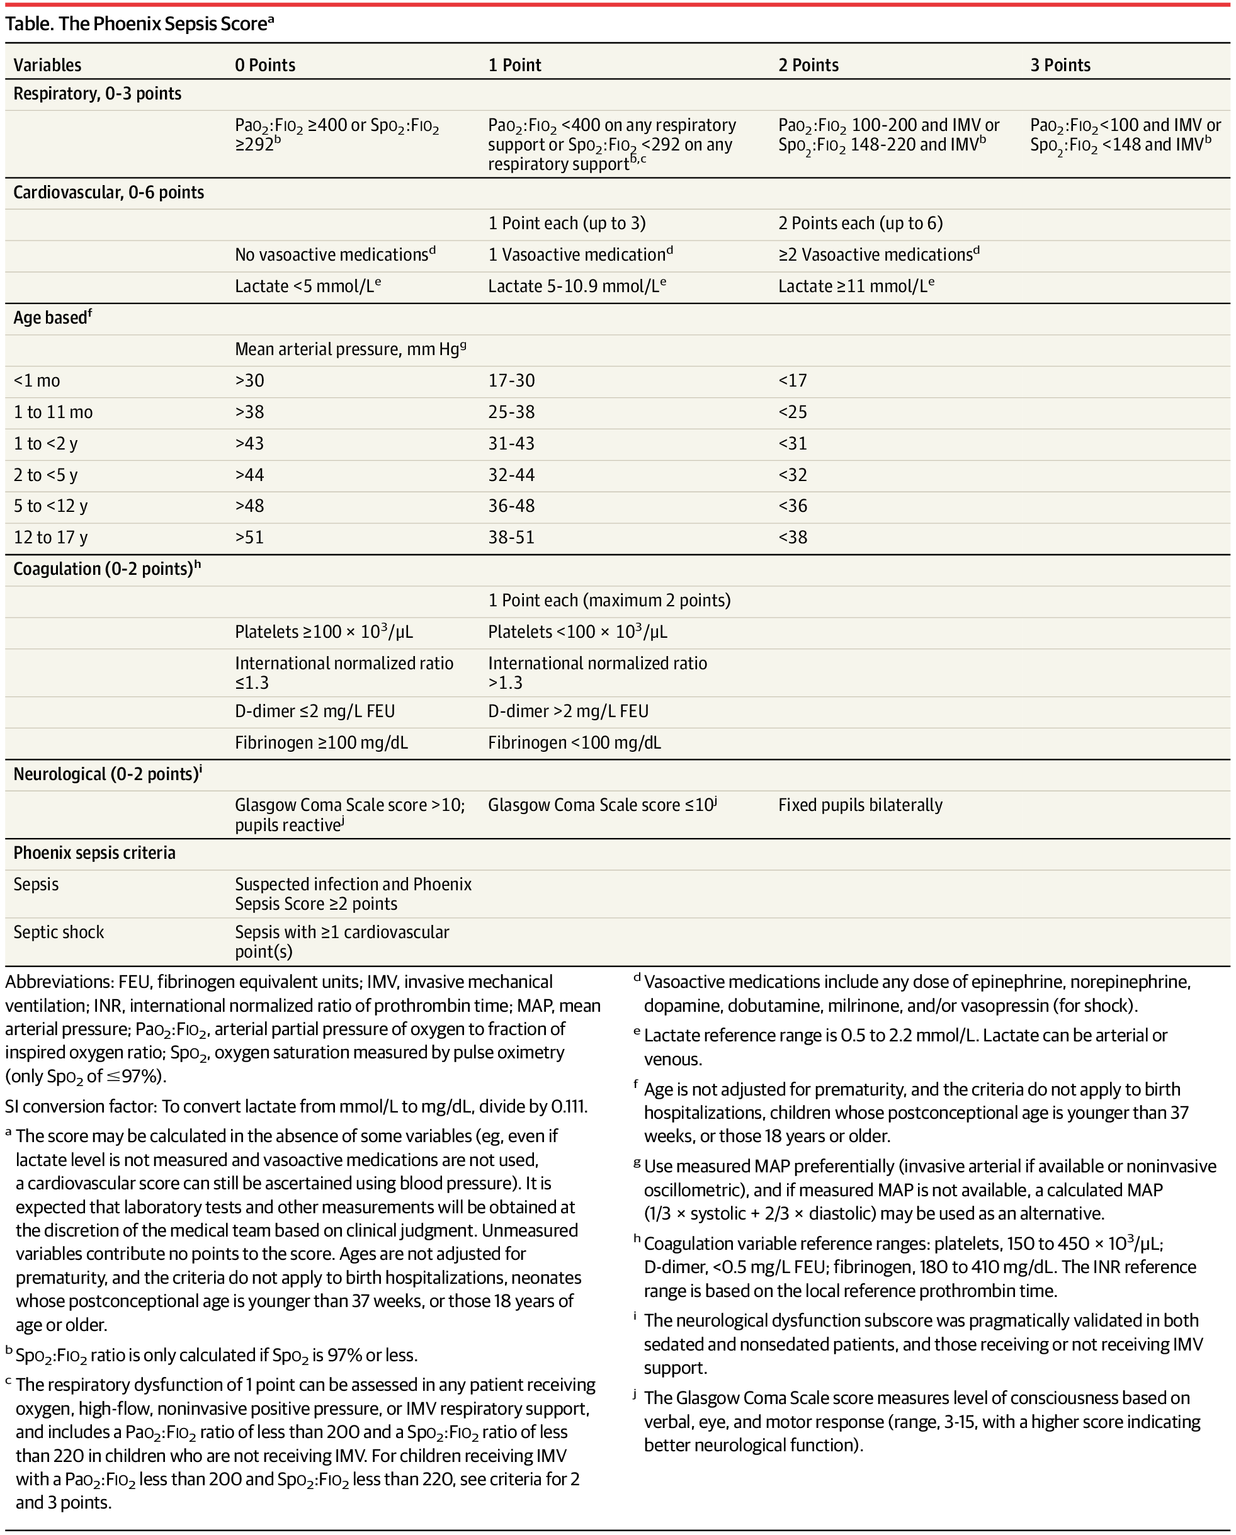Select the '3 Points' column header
[1060, 65]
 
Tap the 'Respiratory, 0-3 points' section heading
[98, 94]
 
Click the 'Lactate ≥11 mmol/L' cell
[855, 286]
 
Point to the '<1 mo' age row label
[37, 381]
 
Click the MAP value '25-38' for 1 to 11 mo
[511, 412]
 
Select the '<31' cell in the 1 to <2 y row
[793, 443]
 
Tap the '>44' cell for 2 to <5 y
[249, 475]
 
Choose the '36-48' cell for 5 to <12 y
[511, 506]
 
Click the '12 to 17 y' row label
[50, 538]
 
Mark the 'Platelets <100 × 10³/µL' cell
[577, 632]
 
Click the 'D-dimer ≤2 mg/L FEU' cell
[315, 711]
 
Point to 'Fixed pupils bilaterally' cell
[860, 805]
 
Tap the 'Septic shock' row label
[59, 932]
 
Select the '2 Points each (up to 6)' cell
[860, 224]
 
